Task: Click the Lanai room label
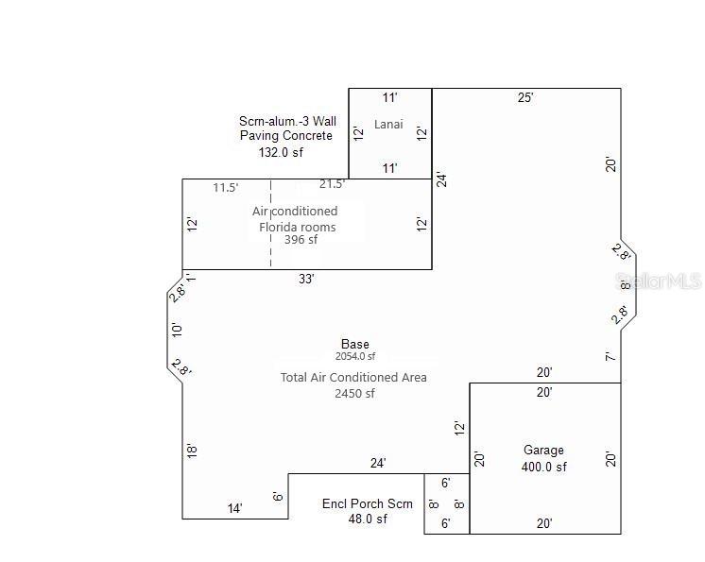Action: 389,125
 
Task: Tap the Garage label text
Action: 543,451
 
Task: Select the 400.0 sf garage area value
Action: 543,467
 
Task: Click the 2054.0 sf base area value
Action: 355,357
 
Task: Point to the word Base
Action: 355,344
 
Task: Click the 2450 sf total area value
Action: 354,394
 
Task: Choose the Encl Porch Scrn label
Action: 368,503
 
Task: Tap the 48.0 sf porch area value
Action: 368,519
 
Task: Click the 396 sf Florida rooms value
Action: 301,240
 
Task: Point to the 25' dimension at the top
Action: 525,97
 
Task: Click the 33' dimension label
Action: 306,279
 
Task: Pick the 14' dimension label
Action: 235,508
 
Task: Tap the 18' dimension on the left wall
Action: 192,451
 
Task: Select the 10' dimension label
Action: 177,330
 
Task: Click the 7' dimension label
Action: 611,357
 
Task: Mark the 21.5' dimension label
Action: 332,184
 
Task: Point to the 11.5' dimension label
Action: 226,188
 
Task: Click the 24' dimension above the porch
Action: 378,463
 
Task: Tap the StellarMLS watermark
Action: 659,281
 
